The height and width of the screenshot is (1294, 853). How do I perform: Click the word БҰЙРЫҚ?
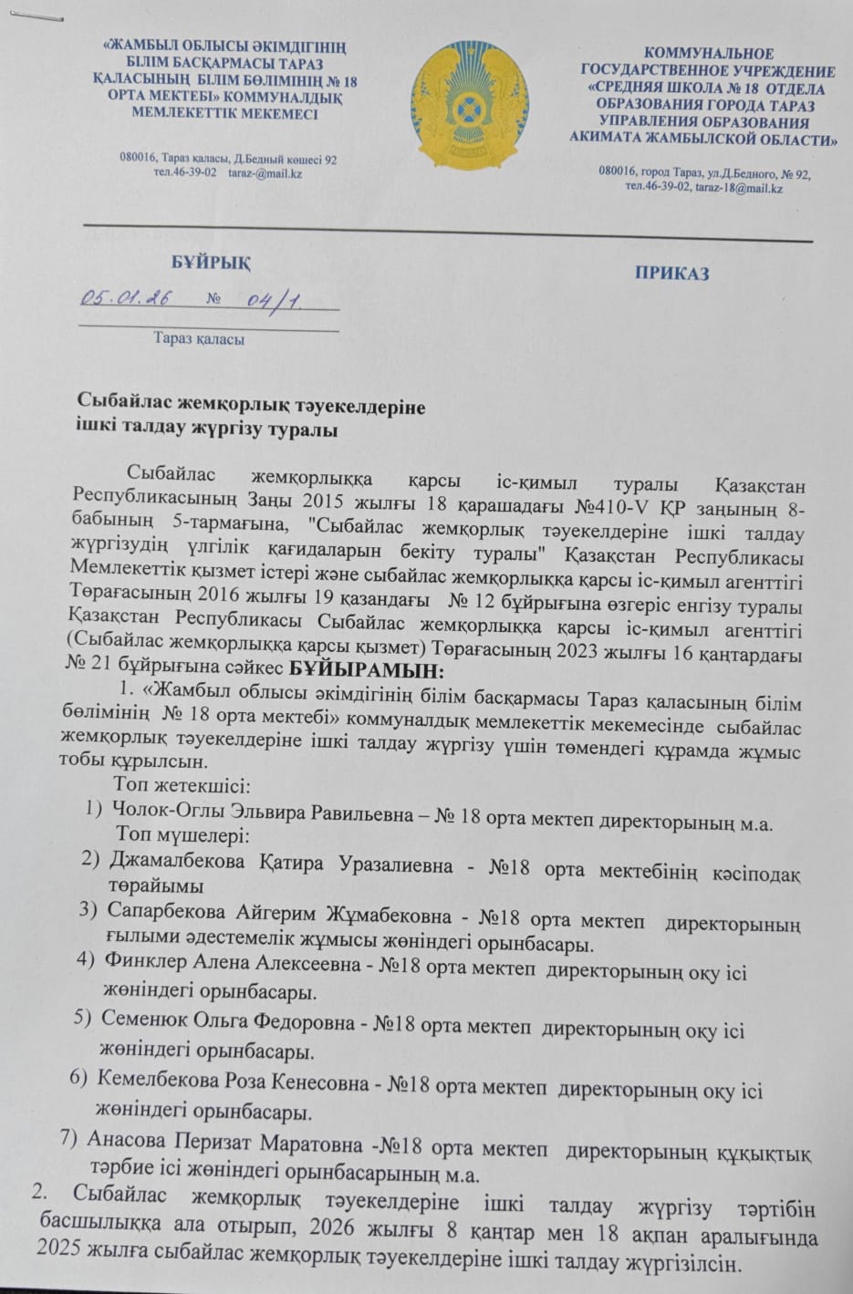[211, 262]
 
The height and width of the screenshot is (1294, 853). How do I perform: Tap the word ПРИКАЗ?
[672, 274]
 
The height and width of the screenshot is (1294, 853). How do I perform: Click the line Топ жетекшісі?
[175, 785]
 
